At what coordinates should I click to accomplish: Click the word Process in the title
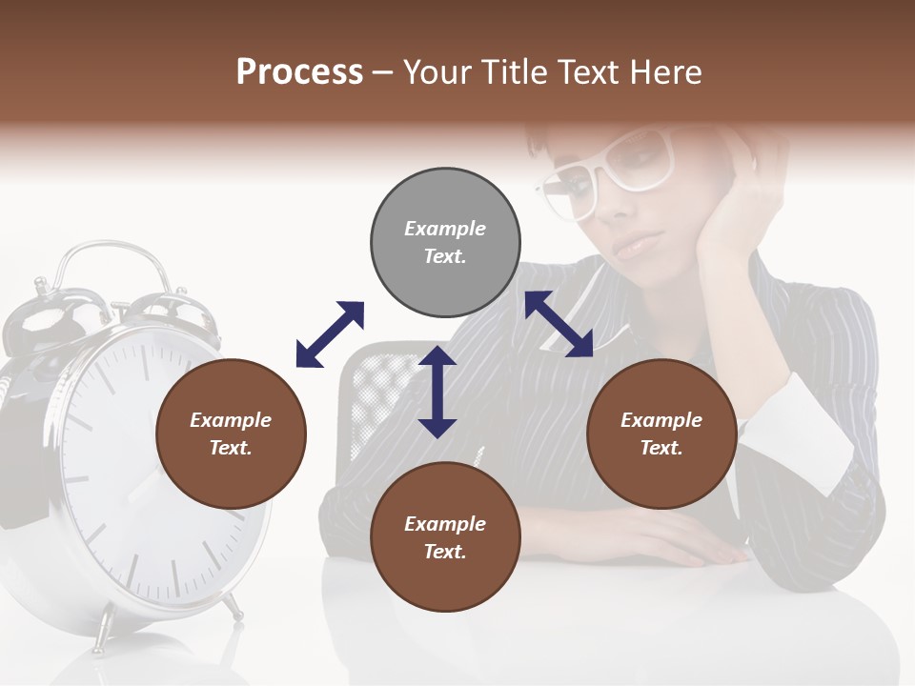(299, 72)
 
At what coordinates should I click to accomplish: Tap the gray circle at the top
(445, 242)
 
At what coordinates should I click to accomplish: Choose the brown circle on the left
(231, 434)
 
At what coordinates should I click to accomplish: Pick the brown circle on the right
(661, 434)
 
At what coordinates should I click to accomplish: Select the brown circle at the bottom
(445, 537)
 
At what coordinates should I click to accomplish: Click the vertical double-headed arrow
(437, 392)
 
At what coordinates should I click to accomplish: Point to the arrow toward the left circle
(330, 334)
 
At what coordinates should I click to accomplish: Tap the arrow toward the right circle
(559, 324)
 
